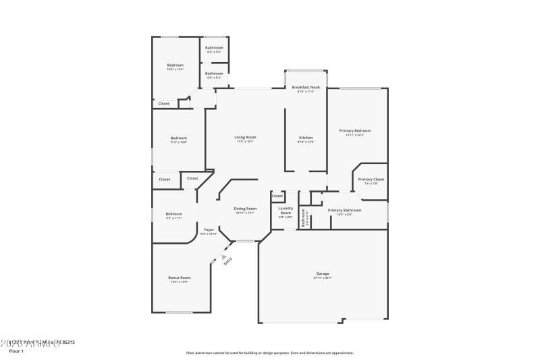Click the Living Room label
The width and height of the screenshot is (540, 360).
[245, 137]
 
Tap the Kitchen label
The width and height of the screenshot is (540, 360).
[306, 137]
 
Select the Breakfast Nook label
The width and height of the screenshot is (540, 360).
[306, 87]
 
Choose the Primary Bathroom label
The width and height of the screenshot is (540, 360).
[344, 210]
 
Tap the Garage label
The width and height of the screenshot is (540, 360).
[322, 274]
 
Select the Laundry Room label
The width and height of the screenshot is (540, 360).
[285, 211]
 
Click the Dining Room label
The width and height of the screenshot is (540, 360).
[245, 209]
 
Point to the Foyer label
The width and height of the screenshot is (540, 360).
[209, 230]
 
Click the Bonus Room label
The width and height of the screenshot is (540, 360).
[180, 278]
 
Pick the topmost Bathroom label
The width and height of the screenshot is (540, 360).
[214, 48]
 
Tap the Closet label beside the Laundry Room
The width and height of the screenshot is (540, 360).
[277, 196]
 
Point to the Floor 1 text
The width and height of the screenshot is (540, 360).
[16, 351]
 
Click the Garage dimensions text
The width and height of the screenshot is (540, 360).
[322, 278]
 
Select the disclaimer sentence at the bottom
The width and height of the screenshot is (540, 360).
[269, 353]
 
